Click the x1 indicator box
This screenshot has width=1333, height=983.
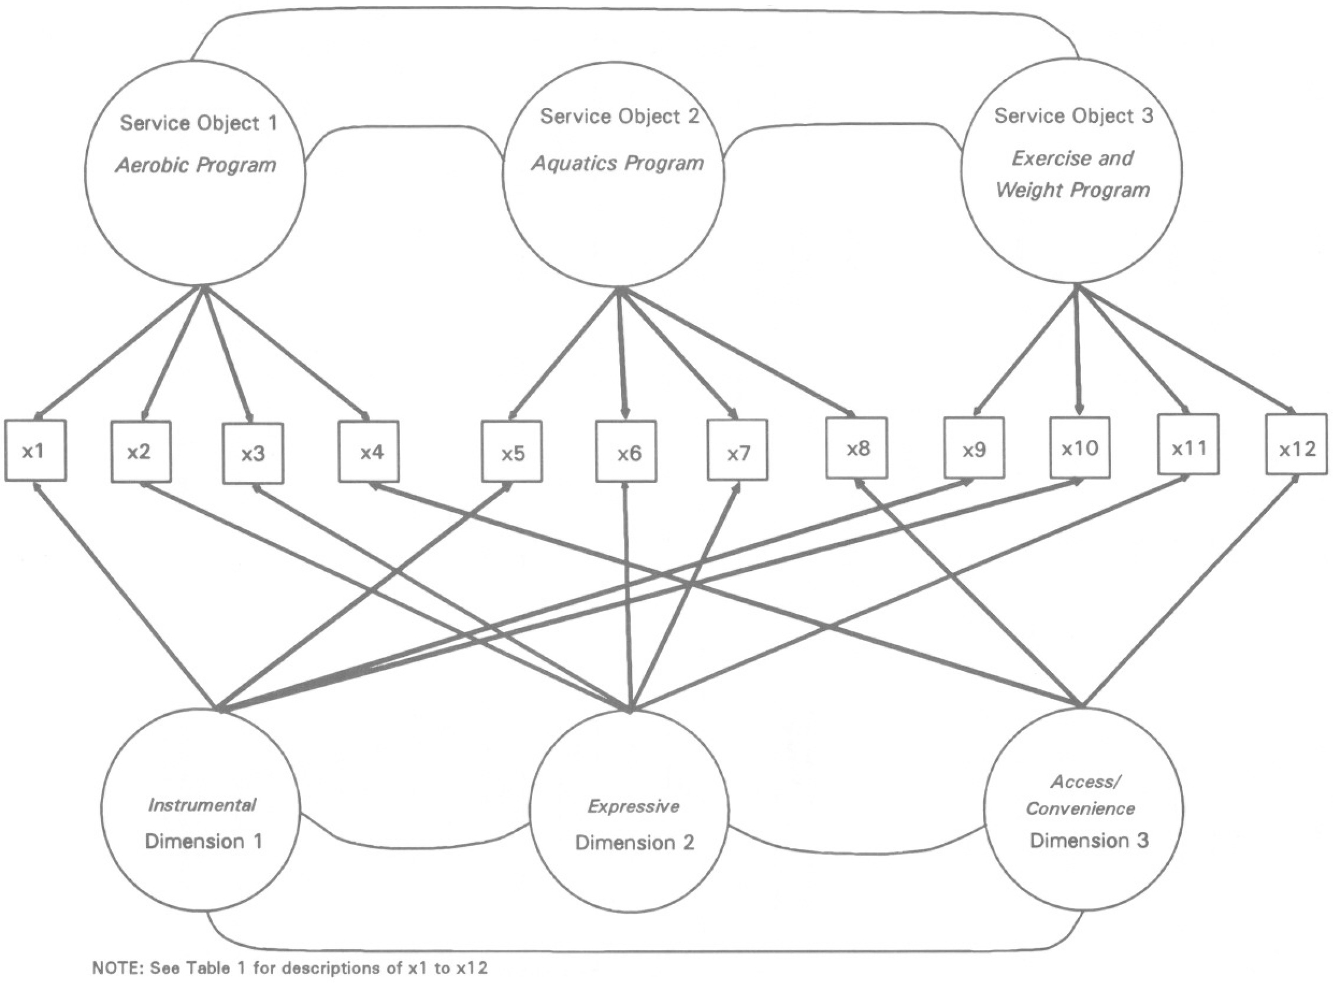click(35, 451)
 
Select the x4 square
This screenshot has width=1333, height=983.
click(369, 452)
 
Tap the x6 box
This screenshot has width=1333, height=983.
click(626, 452)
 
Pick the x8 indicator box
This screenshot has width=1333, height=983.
click(856, 448)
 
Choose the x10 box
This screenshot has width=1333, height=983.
click(1079, 448)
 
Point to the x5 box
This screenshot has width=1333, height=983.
click(512, 452)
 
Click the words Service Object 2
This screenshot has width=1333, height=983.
click(619, 117)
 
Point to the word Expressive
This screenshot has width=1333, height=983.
click(633, 806)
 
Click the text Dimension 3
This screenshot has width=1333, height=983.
click(1089, 840)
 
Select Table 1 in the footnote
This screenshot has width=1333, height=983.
click(219, 968)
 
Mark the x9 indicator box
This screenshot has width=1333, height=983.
click(974, 448)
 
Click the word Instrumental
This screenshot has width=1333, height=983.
click(202, 805)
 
